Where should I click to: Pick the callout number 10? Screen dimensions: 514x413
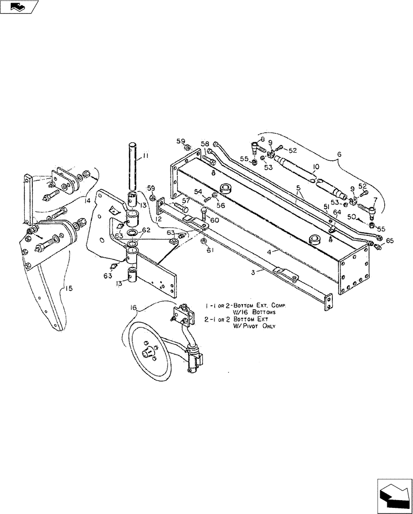(315, 167)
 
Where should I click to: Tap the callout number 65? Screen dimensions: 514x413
(390, 241)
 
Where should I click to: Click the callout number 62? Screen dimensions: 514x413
(146, 230)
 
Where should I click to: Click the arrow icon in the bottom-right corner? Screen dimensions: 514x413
(394, 494)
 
